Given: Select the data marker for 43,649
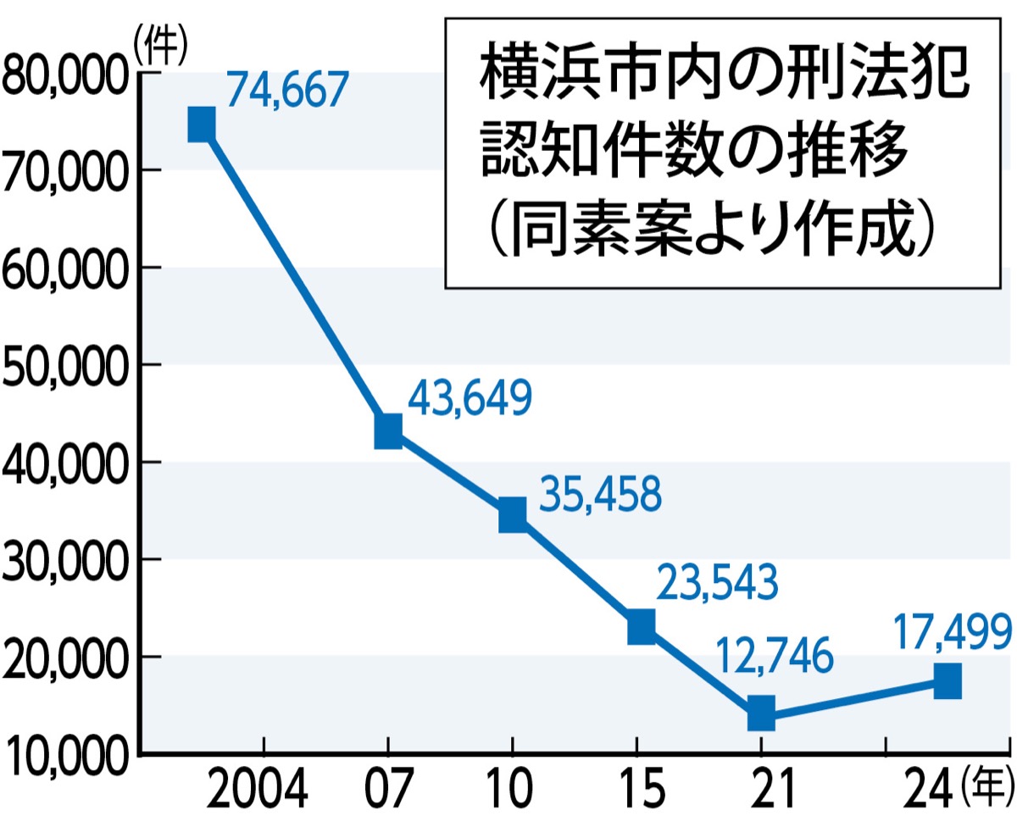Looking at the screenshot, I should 388,431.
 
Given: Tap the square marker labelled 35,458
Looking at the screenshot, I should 512,514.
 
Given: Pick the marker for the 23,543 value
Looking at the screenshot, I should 642,627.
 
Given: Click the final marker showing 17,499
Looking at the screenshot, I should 948,680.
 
